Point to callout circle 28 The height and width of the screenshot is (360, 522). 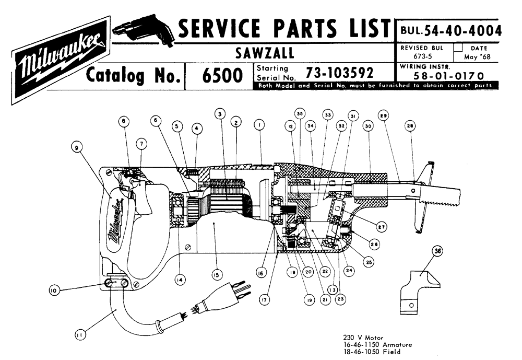point(411,127)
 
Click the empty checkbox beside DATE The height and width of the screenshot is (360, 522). point(458,47)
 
